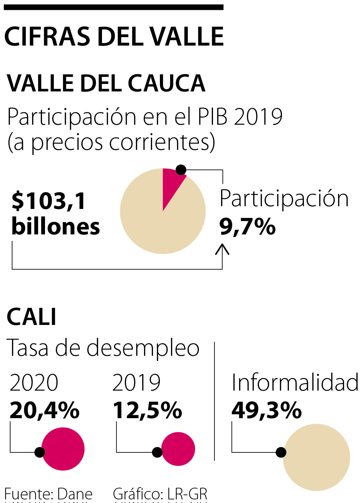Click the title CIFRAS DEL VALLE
[114, 37]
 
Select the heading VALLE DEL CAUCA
[106, 83]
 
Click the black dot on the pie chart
[181, 170]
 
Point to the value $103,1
[49, 201]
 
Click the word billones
[56, 226]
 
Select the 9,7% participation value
[247, 227]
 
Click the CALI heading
[31, 317]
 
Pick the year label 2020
[34, 383]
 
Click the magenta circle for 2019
[179, 449]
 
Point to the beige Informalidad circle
[317, 457]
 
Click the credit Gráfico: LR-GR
[160, 494]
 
